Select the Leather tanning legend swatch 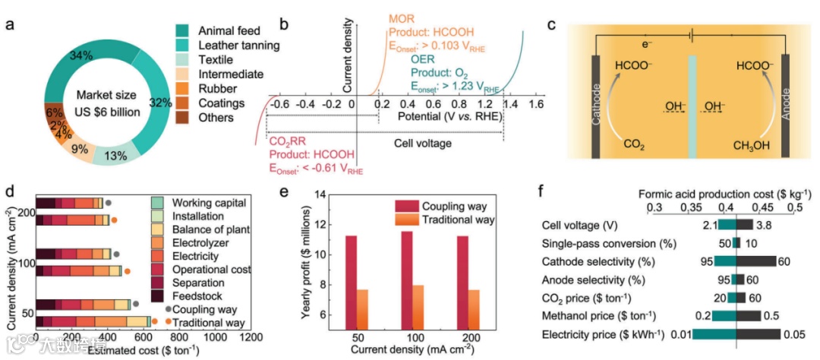pyautogui.click(x=182, y=46)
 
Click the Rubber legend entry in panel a pyautogui.click(x=219, y=89)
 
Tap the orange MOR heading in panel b pyautogui.click(x=401, y=18)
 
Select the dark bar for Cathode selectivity pyautogui.click(x=756, y=261)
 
